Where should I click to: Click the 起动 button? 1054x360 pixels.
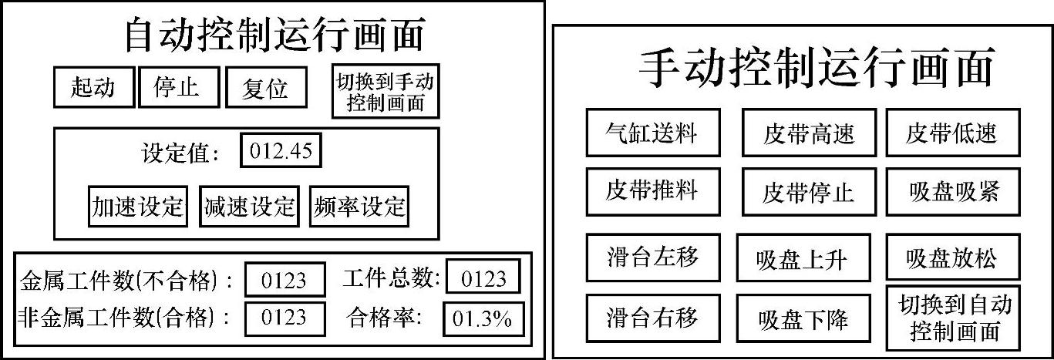click(x=93, y=87)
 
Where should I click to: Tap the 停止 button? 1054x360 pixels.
click(x=178, y=87)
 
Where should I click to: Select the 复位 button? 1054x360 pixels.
click(x=265, y=88)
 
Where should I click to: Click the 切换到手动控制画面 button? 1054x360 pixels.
click(x=386, y=92)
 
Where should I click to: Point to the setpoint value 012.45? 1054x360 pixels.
click(x=281, y=151)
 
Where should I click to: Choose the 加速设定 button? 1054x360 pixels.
click(x=138, y=206)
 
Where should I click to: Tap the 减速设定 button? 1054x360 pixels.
click(x=249, y=206)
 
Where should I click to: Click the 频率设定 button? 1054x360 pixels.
click(x=359, y=206)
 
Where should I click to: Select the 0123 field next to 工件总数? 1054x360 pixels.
click(x=483, y=278)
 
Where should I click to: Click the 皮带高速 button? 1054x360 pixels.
click(x=809, y=133)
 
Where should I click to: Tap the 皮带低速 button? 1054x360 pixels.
click(x=952, y=133)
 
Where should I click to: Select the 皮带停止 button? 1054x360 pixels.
click(x=809, y=192)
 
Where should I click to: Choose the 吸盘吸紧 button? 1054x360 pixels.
click(x=952, y=192)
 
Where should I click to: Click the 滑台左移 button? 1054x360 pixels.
click(x=653, y=256)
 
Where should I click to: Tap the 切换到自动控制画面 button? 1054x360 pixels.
click(x=952, y=318)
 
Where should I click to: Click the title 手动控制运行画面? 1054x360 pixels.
click(x=817, y=68)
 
